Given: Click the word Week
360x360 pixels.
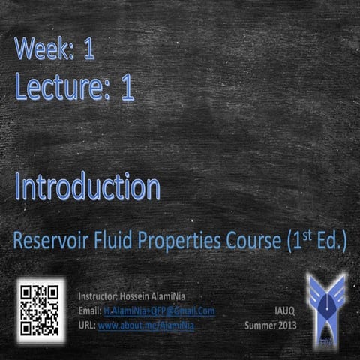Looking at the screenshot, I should click(x=43, y=51).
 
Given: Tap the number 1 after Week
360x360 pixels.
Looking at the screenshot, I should click(x=88, y=51).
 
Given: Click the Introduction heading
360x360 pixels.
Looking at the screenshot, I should click(x=87, y=187).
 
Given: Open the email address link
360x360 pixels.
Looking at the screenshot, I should click(x=159, y=310).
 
